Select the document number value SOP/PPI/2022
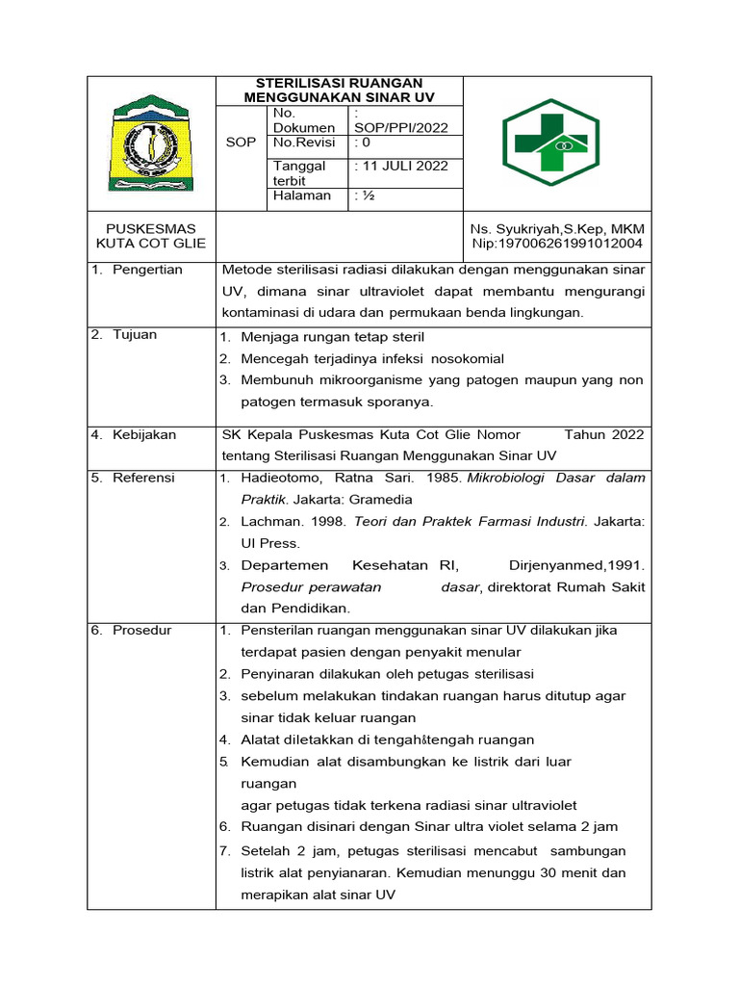401,127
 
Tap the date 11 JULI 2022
402,166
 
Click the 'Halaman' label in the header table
301,195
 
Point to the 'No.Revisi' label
304,142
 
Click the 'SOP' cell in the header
241,143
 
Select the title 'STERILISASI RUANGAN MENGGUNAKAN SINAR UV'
339,91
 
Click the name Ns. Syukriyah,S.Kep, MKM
557,229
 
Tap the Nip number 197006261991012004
557,245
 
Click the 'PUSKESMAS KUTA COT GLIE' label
150,237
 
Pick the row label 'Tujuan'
135,335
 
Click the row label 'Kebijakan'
143,435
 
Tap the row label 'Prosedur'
141,631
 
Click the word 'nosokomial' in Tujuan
459,359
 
